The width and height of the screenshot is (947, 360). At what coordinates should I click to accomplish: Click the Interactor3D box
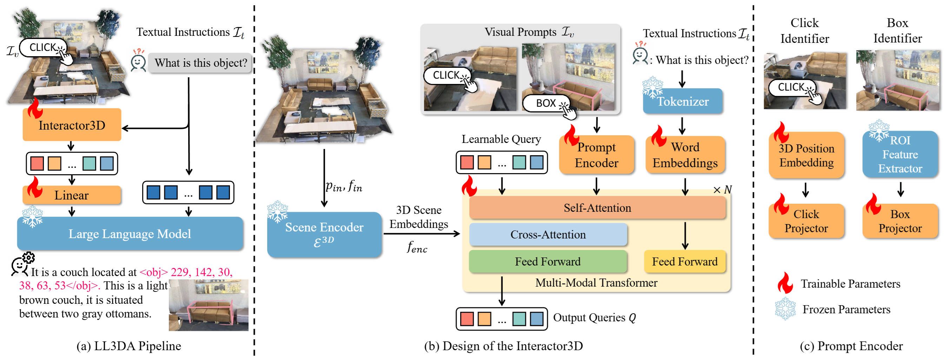pos(72,125)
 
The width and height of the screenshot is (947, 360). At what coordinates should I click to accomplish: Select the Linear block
pos(72,195)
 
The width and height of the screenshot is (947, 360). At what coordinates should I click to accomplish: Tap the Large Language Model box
pos(130,234)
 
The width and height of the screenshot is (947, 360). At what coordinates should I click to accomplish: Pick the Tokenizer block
pos(683,101)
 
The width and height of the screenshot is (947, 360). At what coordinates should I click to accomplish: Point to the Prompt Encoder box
pos(596,155)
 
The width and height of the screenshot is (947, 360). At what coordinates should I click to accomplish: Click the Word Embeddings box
pos(685,155)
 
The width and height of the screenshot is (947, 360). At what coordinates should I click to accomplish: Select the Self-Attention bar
pos(597,208)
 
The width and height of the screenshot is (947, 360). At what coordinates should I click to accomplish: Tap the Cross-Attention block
pos(548,234)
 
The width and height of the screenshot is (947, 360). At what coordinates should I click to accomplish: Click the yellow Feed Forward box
pos(684,261)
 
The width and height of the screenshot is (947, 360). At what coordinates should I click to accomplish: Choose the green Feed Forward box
pos(548,261)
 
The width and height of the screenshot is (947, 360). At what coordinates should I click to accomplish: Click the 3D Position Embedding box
pos(806,155)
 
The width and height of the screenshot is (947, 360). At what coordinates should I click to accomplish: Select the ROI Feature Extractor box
pos(900,155)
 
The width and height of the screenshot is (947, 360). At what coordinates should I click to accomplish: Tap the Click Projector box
pos(806,221)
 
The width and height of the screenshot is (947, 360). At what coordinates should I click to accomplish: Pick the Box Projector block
pos(900,221)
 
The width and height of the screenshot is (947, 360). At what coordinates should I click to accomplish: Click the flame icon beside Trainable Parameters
pos(785,282)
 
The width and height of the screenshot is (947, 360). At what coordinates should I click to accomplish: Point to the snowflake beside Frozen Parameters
pos(785,308)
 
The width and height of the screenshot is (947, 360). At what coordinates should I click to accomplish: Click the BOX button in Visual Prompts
pos(546,103)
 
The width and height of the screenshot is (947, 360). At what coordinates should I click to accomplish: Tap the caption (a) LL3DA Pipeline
pos(129,346)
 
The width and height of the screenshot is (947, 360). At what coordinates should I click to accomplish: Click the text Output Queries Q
pos(594,318)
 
